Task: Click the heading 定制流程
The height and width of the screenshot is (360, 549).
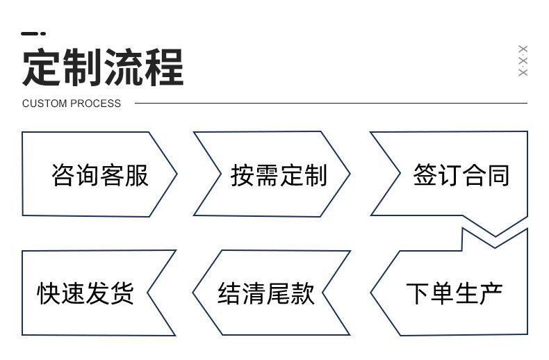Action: click(103, 67)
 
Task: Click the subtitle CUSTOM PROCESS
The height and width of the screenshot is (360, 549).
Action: click(72, 104)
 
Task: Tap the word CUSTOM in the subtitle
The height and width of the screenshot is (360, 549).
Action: click(44, 104)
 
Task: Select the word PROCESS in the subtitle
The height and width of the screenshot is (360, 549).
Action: click(94, 104)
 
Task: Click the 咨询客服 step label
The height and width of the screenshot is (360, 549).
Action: click(100, 175)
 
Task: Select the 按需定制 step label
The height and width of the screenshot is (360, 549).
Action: click(279, 175)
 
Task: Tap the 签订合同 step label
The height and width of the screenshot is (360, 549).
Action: click(461, 175)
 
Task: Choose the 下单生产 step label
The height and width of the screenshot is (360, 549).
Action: click(454, 293)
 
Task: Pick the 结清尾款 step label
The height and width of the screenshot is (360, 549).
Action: click(266, 293)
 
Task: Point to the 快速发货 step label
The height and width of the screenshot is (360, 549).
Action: click(85, 293)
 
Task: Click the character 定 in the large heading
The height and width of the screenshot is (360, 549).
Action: click(42, 67)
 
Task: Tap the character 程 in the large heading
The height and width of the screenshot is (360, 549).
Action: click(164, 67)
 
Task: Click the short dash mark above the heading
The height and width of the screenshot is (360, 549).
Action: click(33, 33)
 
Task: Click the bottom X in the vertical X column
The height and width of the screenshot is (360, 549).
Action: click(523, 72)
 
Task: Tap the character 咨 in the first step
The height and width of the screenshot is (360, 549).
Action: click(63, 175)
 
